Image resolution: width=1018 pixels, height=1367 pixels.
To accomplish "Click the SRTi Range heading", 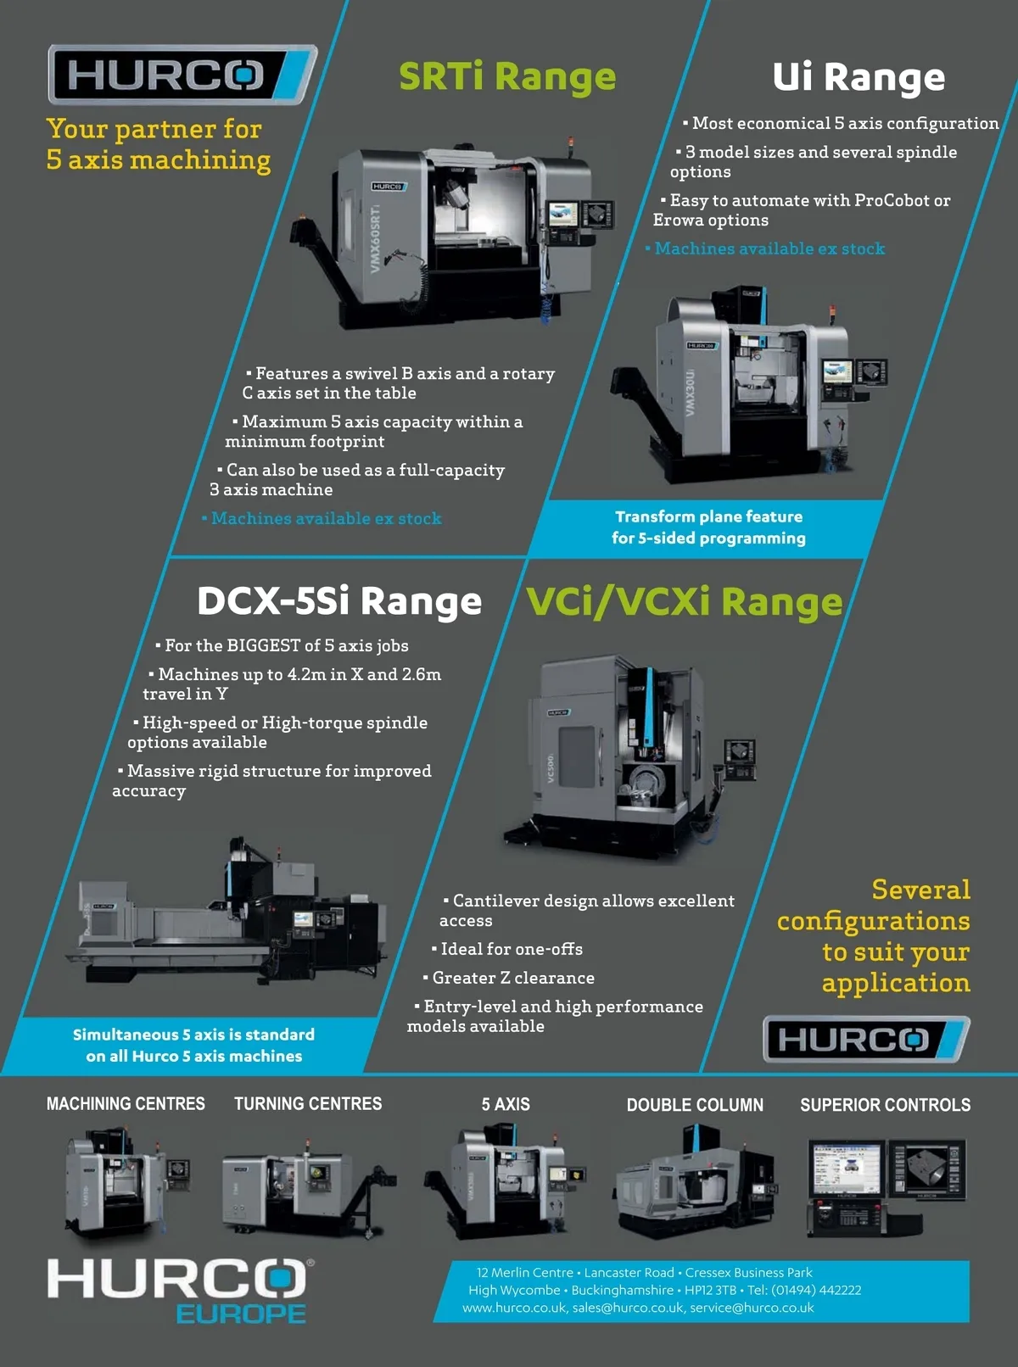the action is pyautogui.click(x=507, y=76).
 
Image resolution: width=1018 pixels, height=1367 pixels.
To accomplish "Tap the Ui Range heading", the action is pyautogui.click(x=859, y=77).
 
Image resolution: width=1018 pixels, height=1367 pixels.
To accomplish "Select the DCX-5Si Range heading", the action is pyautogui.click(x=339, y=600).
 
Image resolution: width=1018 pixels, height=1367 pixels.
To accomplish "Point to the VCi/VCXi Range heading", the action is pyautogui.click(x=684, y=601).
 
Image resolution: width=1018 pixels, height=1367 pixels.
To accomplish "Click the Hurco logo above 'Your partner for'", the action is pyautogui.click(x=182, y=74).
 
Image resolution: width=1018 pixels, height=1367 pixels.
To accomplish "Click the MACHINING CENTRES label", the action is pyautogui.click(x=126, y=1103).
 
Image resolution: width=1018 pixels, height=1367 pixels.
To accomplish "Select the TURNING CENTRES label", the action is pyautogui.click(x=308, y=1103).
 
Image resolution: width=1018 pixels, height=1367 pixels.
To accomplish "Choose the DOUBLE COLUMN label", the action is pyautogui.click(x=695, y=1104).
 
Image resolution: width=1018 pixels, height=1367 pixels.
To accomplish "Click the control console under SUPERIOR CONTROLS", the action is pyautogui.click(x=887, y=1187).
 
